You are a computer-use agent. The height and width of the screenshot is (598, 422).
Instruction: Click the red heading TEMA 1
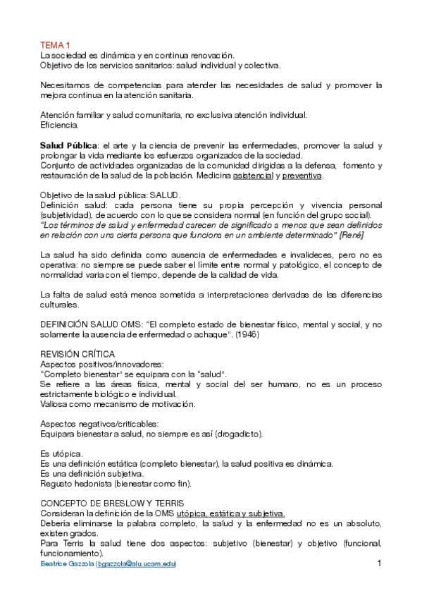(x=54, y=44)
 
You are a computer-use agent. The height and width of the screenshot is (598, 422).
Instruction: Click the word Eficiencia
(x=59, y=125)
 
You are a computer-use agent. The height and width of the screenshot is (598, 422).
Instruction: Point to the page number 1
(x=378, y=563)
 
